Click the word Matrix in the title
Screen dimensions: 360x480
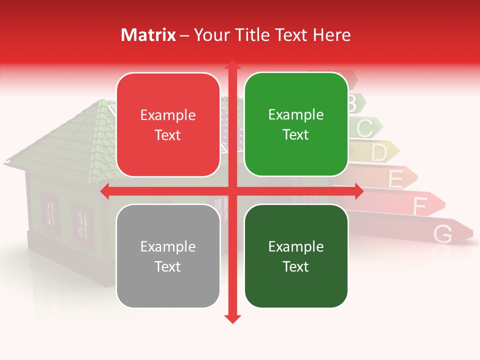[x=148, y=35]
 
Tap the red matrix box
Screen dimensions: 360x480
[x=168, y=124]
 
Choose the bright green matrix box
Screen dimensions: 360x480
[x=296, y=124]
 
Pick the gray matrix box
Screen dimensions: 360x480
[x=168, y=256]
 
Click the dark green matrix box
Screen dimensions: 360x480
[x=296, y=256]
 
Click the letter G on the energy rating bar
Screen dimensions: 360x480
[x=442, y=234]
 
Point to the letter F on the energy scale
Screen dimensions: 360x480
[x=419, y=205]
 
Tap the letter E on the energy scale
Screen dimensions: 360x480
[x=395, y=179]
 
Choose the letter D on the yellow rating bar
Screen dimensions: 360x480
[x=379, y=153]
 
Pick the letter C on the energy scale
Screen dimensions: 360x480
[x=364, y=128]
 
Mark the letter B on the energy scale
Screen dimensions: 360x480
[x=351, y=104]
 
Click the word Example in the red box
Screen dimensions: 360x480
[x=168, y=115]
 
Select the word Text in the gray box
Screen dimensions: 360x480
[x=168, y=266]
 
